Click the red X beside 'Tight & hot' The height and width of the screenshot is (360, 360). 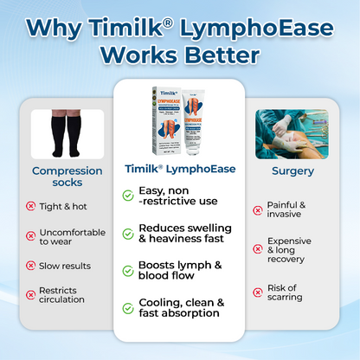[x=31, y=206]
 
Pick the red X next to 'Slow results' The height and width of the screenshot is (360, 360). [x=31, y=266]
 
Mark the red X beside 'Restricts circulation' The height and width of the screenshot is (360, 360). [x=31, y=294]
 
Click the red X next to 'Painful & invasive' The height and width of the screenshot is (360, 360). [x=258, y=209]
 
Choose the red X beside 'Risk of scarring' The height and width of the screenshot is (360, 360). [x=258, y=292]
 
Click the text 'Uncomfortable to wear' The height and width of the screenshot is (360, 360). [x=73, y=238]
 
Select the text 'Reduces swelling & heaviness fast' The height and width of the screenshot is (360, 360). [x=185, y=233]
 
